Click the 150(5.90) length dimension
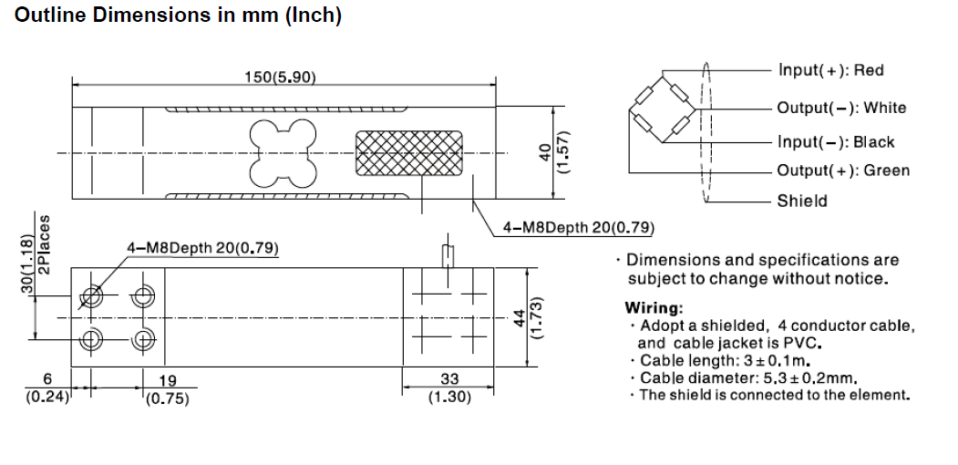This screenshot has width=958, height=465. click(x=280, y=77)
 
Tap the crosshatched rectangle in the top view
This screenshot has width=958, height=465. click(x=407, y=152)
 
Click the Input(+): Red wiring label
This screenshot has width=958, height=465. click(x=830, y=70)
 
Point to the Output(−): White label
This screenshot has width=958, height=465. click(x=841, y=108)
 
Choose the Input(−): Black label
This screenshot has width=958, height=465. click(x=836, y=142)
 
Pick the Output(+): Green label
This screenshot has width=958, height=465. click(x=843, y=170)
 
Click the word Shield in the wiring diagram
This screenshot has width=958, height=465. click(x=802, y=201)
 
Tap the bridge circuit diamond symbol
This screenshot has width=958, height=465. click(x=663, y=111)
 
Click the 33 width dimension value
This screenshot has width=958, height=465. click(x=449, y=379)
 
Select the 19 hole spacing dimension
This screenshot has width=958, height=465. click(x=167, y=380)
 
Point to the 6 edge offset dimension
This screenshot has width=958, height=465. click(x=50, y=379)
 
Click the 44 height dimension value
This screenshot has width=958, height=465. click(x=519, y=316)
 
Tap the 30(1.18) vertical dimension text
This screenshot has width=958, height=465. click(x=27, y=264)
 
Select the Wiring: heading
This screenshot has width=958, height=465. click(x=654, y=307)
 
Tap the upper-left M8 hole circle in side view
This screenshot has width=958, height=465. click(x=91, y=295)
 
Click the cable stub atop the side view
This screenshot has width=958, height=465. click(x=447, y=255)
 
